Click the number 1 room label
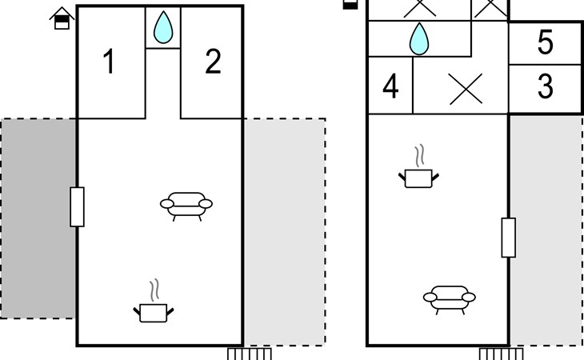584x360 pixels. coord(110,62)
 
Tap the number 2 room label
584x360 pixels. coord(212,62)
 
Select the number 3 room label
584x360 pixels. coord(545,87)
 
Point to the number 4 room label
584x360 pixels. coord(390,87)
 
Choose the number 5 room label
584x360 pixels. coord(545,43)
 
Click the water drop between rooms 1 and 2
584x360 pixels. coord(163,27)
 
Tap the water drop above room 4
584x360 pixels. coord(418,38)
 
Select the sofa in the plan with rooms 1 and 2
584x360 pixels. coord(187,205)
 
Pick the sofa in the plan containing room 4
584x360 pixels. coord(449,298)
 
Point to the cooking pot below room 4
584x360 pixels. coord(419,177)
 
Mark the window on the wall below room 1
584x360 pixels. coord(77,206)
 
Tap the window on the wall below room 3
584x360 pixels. coord(508,238)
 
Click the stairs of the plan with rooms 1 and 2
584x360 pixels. coord(250,353)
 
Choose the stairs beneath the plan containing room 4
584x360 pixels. coord(502,353)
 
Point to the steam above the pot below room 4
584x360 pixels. coord(418,154)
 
